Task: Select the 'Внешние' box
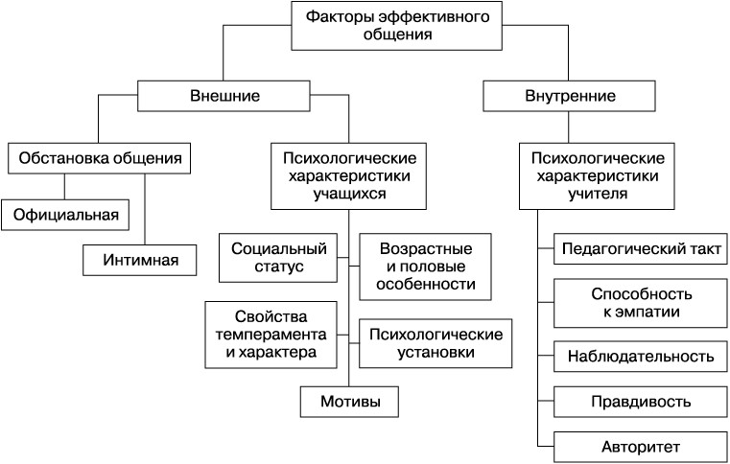point(225,97)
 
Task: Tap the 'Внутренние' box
point(570,97)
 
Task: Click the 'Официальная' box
point(65,213)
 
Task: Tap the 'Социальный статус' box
point(280,257)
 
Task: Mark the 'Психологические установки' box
point(435,342)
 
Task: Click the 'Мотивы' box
point(349,401)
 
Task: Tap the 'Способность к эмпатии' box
point(640,302)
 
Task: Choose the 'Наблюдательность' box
point(640,357)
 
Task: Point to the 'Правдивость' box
point(640,401)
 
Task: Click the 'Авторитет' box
point(640,447)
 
